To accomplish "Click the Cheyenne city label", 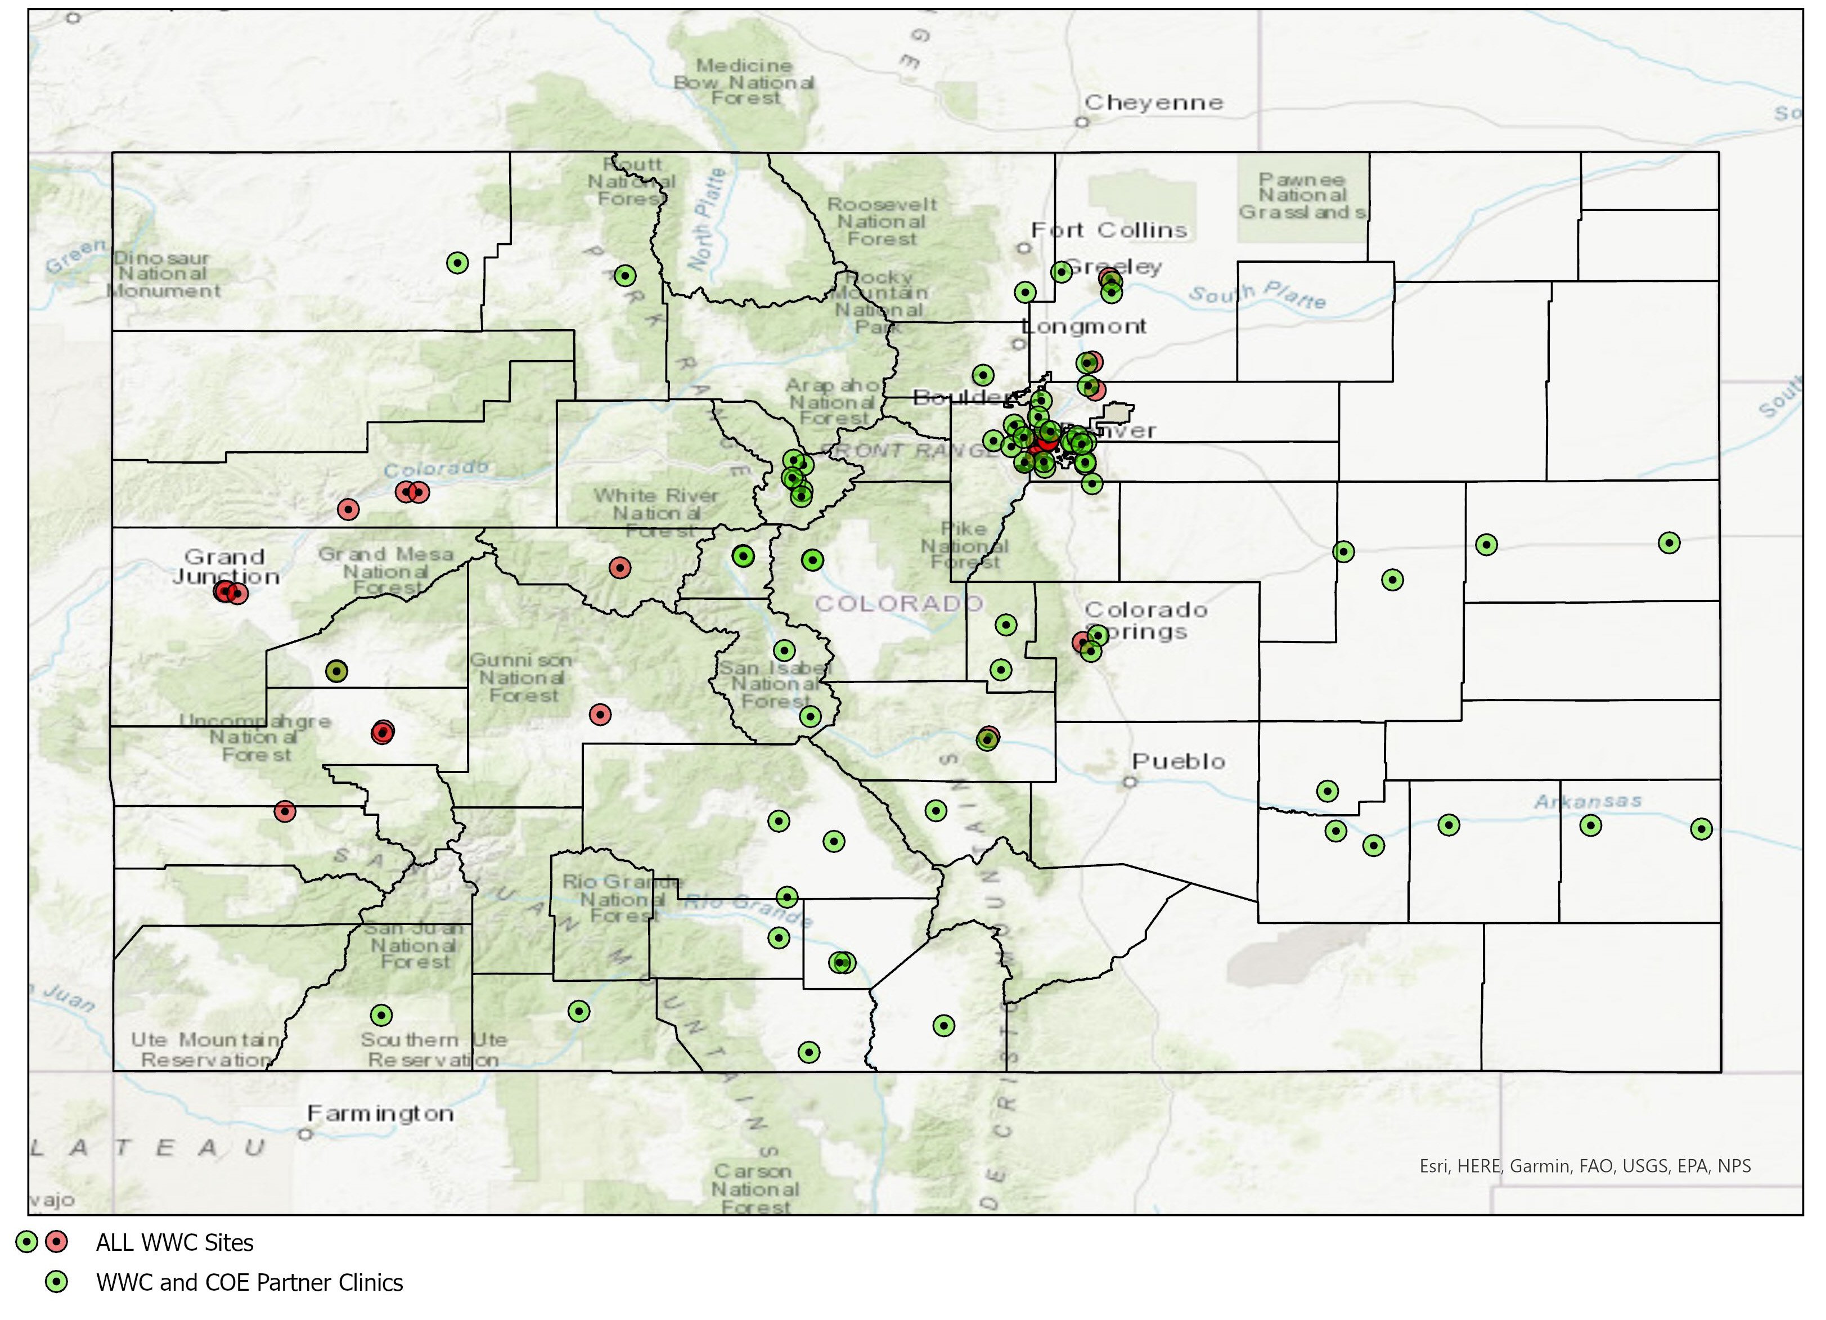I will (1153, 102).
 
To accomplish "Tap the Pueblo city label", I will (1178, 761).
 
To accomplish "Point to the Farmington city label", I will (380, 1114).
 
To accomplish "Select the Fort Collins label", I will (1109, 230).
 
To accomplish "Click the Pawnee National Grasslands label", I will (1302, 196).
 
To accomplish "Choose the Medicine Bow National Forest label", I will (744, 82).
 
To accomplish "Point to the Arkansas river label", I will (1587, 801).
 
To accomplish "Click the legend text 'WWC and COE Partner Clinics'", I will (250, 1282).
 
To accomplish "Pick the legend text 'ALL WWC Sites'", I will (175, 1243).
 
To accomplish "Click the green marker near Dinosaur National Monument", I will (457, 263).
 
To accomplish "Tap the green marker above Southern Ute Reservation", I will (381, 1015).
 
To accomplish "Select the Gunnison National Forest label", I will (521, 677).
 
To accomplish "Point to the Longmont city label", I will (1083, 326).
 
